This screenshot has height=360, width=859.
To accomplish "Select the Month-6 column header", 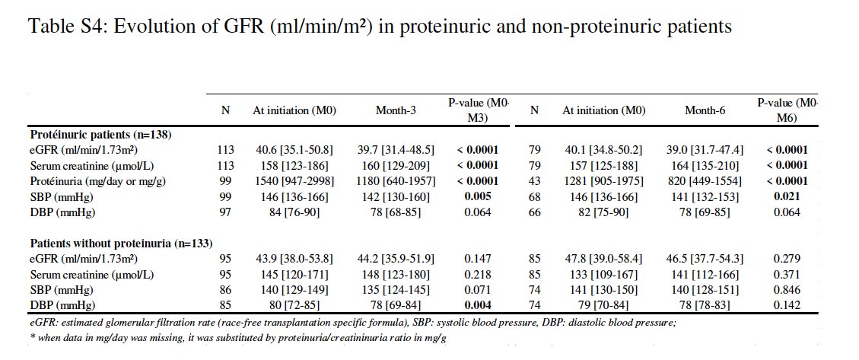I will click(705, 110).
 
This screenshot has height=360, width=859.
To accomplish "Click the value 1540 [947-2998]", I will click(294, 181).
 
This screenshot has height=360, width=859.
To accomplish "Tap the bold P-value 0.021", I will click(787, 196).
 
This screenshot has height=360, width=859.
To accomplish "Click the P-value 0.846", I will click(787, 290).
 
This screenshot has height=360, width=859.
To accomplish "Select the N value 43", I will click(534, 181).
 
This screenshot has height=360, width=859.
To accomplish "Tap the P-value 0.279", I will click(787, 259).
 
